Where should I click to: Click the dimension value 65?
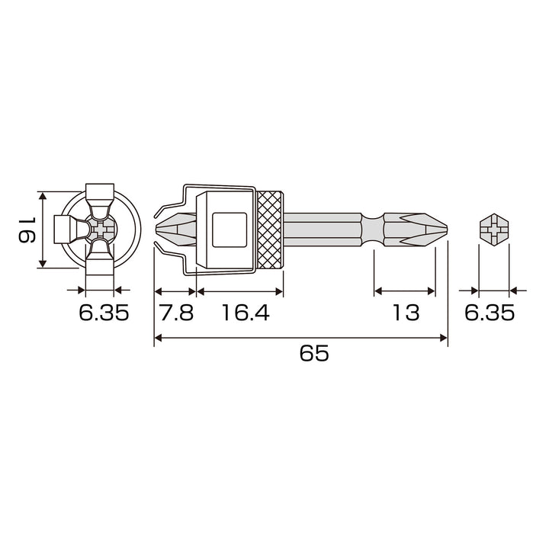[314, 353]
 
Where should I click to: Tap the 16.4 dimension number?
[246, 313]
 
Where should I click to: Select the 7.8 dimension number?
[176, 313]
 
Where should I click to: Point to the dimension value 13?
[406, 313]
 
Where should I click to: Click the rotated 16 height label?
[27, 230]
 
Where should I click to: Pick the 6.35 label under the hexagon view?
[490, 313]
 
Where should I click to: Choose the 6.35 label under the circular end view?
[104, 313]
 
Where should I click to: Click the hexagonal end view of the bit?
[493, 230]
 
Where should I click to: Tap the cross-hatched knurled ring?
[269, 230]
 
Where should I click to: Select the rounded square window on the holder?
[230, 230]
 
